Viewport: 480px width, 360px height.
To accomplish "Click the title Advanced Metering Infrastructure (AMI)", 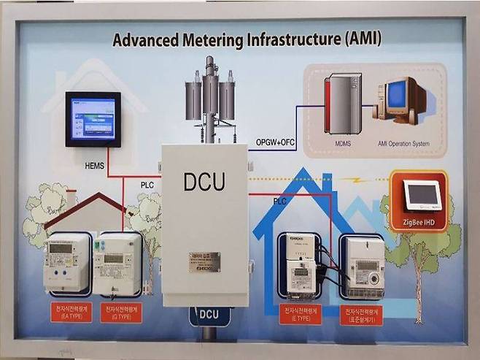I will point(247,39).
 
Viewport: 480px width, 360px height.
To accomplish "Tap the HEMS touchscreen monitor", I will point(93,118).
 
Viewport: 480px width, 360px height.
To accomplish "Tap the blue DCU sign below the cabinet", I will point(209,316).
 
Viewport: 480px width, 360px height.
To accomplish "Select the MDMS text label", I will point(343,144).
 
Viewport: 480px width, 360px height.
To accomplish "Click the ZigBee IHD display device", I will point(422,194).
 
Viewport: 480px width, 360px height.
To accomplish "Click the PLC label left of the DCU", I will point(147,185).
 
